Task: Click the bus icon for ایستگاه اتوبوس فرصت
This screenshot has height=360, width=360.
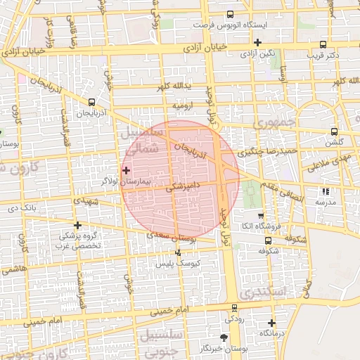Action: [230, 15]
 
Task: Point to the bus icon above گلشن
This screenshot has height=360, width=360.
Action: [333, 131]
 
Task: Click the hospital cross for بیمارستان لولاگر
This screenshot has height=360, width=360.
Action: [127, 169]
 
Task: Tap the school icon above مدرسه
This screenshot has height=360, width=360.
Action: [324, 191]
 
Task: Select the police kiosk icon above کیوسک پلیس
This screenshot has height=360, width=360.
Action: [177, 252]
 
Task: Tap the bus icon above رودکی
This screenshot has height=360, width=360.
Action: [234, 307]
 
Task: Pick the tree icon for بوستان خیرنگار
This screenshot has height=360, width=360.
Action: [224, 338]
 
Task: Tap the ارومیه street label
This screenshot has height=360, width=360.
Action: [182, 105]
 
